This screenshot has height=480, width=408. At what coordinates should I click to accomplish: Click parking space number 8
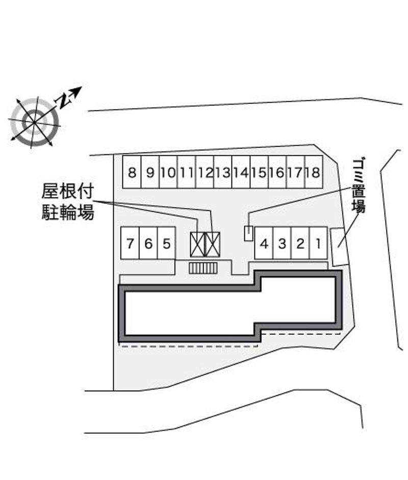(132, 172)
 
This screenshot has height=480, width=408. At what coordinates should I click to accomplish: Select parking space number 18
(314, 172)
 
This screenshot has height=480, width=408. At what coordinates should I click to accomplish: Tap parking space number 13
(223, 172)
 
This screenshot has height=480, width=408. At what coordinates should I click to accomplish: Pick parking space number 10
(168, 172)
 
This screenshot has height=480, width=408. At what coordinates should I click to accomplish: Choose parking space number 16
(277, 172)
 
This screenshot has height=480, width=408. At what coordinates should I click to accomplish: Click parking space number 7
(130, 243)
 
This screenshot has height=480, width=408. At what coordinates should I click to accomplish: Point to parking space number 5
(166, 243)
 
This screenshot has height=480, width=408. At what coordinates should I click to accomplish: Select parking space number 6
(148, 243)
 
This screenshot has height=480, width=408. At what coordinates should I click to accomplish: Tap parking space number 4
(264, 243)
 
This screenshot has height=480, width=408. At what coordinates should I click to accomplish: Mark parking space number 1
(318, 243)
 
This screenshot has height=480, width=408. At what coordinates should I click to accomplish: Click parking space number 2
(300, 243)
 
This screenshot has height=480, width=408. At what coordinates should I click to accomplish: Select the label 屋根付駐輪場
(68, 202)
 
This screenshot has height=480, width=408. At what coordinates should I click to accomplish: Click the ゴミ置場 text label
(358, 185)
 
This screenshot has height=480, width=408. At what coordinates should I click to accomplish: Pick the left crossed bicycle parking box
(197, 245)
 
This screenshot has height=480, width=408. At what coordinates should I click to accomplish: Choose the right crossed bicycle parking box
(212, 245)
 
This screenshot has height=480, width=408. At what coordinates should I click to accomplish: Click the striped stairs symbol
(203, 268)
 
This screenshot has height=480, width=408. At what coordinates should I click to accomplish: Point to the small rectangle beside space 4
(248, 233)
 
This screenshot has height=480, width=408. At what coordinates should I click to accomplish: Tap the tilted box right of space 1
(339, 247)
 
